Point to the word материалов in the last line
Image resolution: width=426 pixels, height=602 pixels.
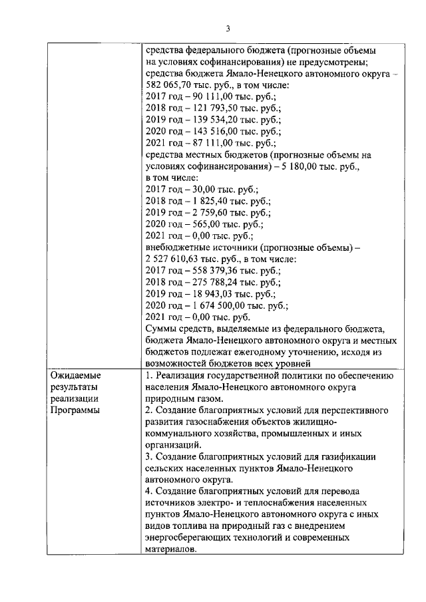point(170,549)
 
